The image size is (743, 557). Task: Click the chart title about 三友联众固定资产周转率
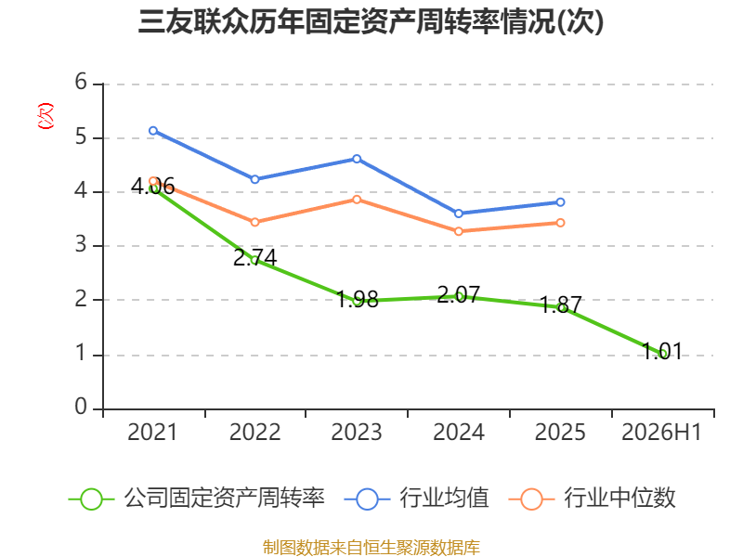tap(371, 21)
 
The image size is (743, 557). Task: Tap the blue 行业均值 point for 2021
tap(153, 131)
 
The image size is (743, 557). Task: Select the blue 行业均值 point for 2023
tap(357, 159)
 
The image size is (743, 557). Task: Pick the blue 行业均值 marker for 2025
tap(560, 202)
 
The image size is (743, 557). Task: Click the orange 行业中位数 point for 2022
tap(254, 222)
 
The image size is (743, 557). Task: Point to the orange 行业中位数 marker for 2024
tap(458, 231)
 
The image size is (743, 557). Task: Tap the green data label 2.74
tap(254, 258)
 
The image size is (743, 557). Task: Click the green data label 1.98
tap(357, 299)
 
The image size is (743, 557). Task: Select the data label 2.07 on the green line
tap(458, 294)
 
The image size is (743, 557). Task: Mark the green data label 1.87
tap(560, 304)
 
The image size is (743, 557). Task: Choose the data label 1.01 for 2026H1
tap(662, 352)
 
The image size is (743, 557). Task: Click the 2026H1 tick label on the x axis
tap(661, 432)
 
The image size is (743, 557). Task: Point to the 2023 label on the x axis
tap(357, 432)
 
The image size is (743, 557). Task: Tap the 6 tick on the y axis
tap(81, 82)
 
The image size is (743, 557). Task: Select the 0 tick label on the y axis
tap(81, 407)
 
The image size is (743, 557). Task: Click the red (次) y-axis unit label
tap(46, 116)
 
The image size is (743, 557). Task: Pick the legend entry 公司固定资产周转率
tap(197, 499)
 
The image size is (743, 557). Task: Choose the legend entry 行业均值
tap(416, 499)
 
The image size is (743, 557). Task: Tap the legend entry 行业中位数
tap(593, 499)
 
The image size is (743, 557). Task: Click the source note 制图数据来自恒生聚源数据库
tap(371, 547)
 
